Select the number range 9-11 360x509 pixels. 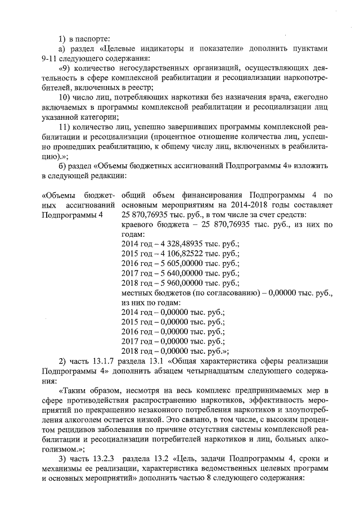pos(52,58)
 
